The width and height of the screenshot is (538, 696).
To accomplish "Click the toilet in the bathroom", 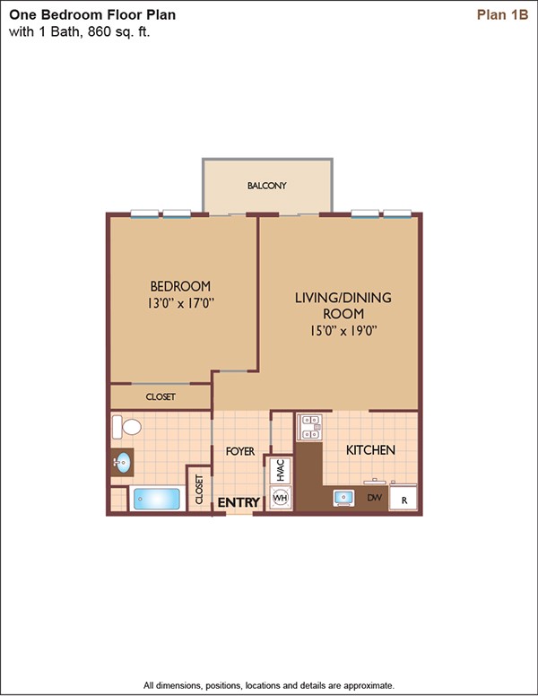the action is coord(126,427).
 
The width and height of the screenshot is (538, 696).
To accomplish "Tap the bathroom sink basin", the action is coord(122,463).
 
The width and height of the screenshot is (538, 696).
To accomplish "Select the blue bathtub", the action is coord(157,499).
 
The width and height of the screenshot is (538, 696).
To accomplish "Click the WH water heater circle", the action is coord(281,497).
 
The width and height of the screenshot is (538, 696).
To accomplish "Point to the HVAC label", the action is coord(280,470).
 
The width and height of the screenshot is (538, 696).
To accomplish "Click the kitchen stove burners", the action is coord(310,427).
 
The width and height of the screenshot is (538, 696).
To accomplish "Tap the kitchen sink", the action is coord(343,498).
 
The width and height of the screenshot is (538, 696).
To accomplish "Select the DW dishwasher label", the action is coord(374,498).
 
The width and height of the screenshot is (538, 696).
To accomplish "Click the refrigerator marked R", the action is coord(403,499).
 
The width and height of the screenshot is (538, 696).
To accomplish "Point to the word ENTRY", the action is coord(239,502).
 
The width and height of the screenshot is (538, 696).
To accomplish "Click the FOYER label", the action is coord(240,451).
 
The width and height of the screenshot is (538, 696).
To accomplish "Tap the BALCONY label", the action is coord(267,186).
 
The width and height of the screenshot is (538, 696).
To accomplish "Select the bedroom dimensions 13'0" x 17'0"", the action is coord(180,303).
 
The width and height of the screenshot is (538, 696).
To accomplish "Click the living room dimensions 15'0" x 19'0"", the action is coord(343,331).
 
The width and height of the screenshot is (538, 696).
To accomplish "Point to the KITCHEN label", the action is coord(370,450).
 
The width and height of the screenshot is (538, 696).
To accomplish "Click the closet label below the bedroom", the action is coord(161,396).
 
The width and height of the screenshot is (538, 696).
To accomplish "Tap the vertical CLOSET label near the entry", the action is coord(199,490).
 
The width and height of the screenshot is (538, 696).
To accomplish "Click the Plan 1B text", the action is coord(502,14).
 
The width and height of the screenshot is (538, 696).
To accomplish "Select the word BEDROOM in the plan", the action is coord(180,286).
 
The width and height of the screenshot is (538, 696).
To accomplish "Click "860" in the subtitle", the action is coord(97,31).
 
